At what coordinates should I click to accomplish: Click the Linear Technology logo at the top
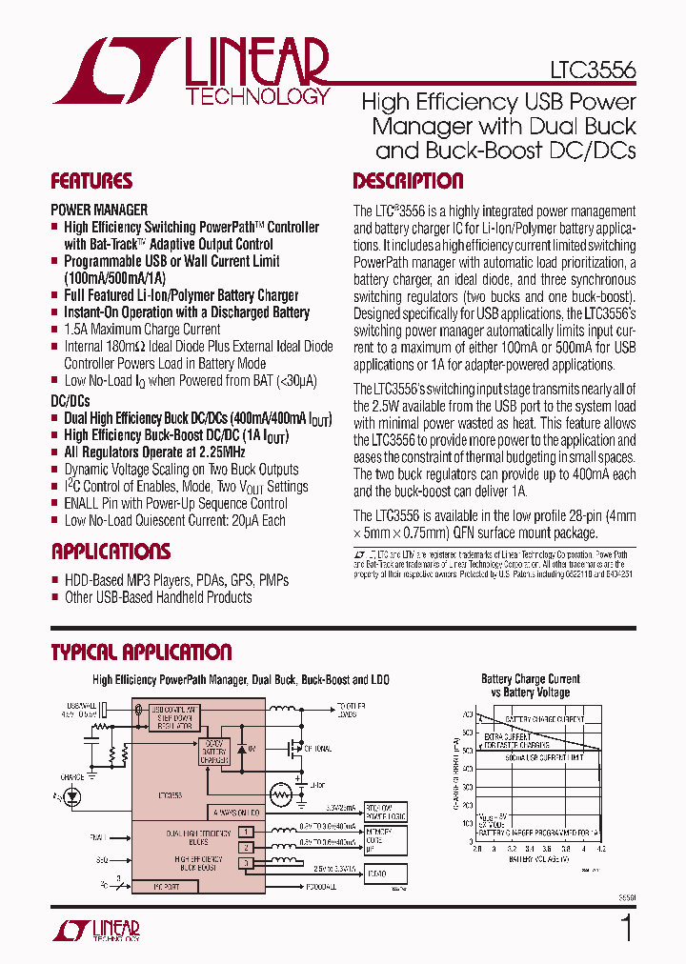[192, 71]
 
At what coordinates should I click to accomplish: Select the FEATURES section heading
[91, 181]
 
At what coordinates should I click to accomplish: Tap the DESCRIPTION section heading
[408, 181]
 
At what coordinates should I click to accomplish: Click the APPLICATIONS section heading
[111, 552]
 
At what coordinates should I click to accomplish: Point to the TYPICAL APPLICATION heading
[141, 653]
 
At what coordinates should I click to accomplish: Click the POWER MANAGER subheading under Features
[99, 209]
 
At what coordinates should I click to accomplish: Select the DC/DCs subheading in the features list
[71, 402]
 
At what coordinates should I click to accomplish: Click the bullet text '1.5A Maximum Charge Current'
[142, 329]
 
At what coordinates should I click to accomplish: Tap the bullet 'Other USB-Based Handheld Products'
[158, 597]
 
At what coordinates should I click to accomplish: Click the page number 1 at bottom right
[626, 928]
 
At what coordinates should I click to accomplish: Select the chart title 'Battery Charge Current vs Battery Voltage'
[531, 686]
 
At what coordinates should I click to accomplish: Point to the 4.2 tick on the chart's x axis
[600, 849]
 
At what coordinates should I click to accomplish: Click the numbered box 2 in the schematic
[246, 846]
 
